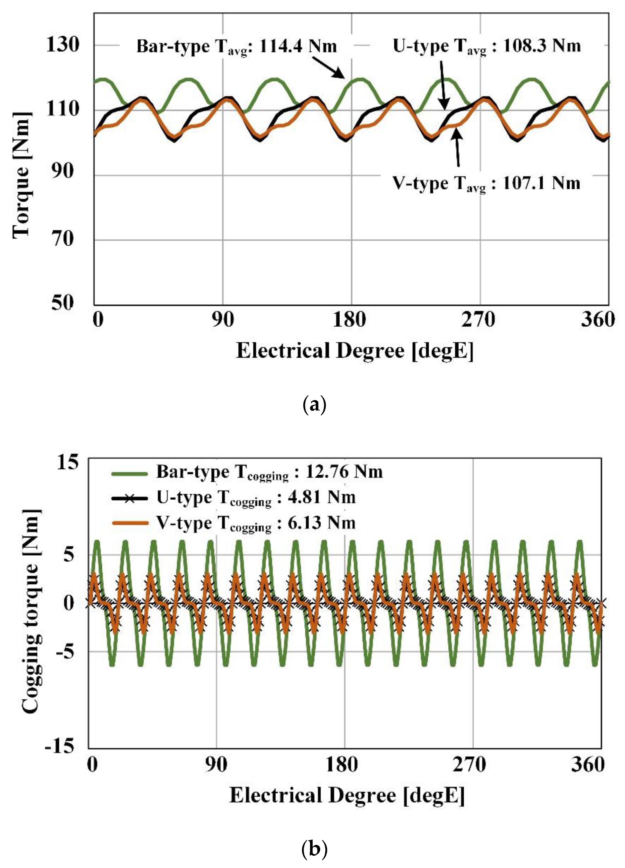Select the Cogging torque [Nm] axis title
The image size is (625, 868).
tap(31, 616)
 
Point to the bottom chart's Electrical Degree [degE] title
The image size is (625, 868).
tap(347, 796)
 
